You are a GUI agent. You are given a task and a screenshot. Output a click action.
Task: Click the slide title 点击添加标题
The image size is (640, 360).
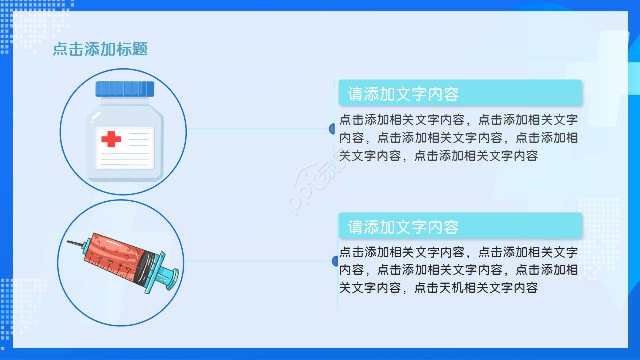[100, 49]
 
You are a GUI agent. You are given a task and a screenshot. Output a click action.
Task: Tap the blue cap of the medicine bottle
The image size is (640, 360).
[125, 89]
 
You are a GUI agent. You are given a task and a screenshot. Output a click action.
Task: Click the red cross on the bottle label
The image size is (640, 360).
[111, 139]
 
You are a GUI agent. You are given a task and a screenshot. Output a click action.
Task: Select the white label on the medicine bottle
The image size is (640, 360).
[125, 148]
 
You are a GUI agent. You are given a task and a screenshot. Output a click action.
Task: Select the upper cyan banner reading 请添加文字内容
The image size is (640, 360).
[460, 93]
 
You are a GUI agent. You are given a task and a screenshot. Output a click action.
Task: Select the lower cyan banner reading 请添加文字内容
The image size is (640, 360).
[460, 226]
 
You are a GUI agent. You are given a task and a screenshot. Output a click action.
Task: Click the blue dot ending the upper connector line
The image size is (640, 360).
[332, 129]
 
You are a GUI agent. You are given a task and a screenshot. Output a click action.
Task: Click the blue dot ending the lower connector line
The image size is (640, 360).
[335, 261]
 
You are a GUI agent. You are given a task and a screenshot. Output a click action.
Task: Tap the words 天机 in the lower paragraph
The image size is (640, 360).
[451, 288]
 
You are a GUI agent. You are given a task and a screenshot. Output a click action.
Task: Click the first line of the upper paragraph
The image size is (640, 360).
[458, 120]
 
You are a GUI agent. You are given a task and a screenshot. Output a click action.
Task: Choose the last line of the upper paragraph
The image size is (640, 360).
[438, 156]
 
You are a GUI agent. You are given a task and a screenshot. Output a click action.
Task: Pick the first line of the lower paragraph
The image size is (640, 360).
[458, 252]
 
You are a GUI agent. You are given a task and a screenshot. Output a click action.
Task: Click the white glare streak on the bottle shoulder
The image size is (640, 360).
[96, 116]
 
